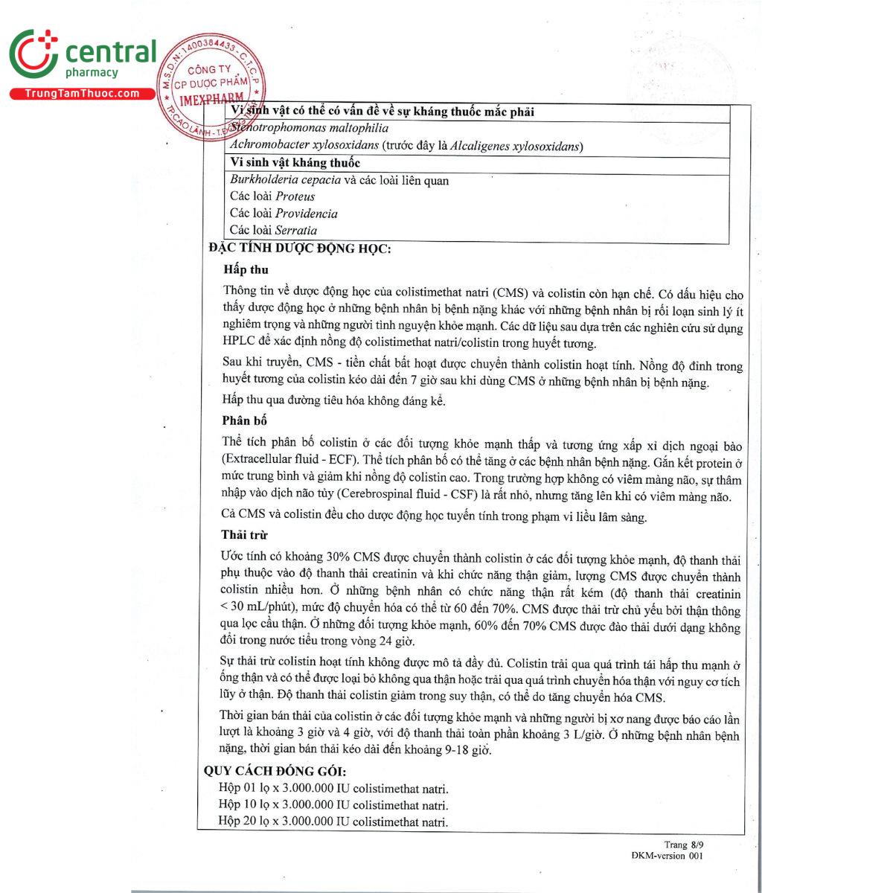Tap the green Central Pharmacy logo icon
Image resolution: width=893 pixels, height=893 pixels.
(x=33, y=55)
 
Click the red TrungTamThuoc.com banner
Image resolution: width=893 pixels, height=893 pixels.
(x=82, y=93)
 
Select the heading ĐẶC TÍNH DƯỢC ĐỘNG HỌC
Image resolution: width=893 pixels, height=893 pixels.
(x=299, y=249)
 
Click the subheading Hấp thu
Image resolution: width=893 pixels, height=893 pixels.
(x=246, y=269)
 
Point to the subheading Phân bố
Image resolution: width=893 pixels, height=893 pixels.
(x=244, y=420)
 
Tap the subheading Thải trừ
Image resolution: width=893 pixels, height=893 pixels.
(x=244, y=534)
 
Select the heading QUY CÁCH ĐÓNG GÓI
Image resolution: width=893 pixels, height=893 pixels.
(x=275, y=771)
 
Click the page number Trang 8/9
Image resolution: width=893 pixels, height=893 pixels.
(x=683, y=844)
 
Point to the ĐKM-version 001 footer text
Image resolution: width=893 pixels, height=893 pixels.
(x=666, y=856)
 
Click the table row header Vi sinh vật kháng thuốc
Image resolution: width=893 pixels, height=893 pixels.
(x=295, y=162)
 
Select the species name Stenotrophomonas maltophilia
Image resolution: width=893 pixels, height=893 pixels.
(x=309, y=128)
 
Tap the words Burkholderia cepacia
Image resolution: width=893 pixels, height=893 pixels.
(x=285, y=179)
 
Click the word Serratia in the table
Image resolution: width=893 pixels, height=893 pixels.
(x=295, y=230)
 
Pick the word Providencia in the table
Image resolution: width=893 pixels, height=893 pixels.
(x=306, y=214)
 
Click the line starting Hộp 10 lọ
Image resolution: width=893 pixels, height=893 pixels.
(x=333, y=804)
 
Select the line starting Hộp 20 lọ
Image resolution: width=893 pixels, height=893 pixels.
(x=333, y=821)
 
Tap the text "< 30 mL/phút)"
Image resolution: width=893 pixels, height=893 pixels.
(x=260, y=608)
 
